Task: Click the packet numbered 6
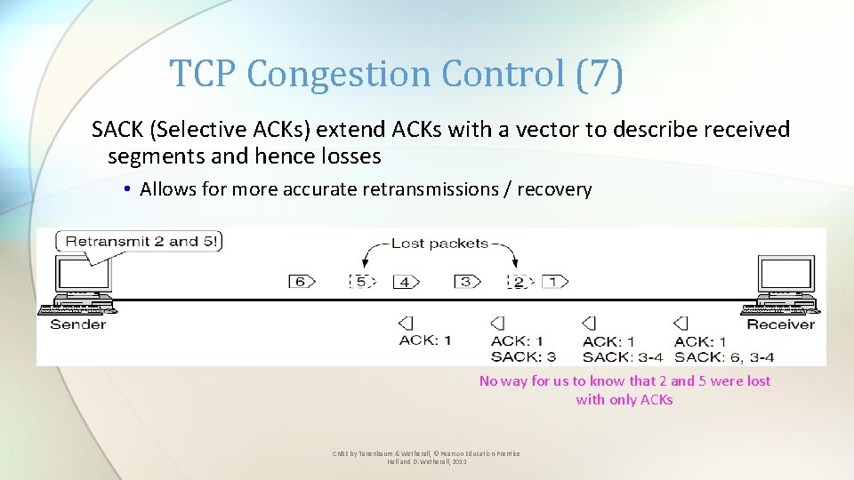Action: pyautogui.click(x=301, y=282)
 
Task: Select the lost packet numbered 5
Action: pyautogui.click(x=361, y=282)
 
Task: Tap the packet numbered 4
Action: pyautogui.click(x=406, y=282)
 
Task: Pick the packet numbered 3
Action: pyautogui.click(x=466, y=282)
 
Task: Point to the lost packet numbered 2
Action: pyautogui.click(x=518, y=283)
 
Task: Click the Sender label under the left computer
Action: pyautogui.click(x=78, y=324)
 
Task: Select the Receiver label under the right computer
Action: pyautogui.click(x=780, y=324)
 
